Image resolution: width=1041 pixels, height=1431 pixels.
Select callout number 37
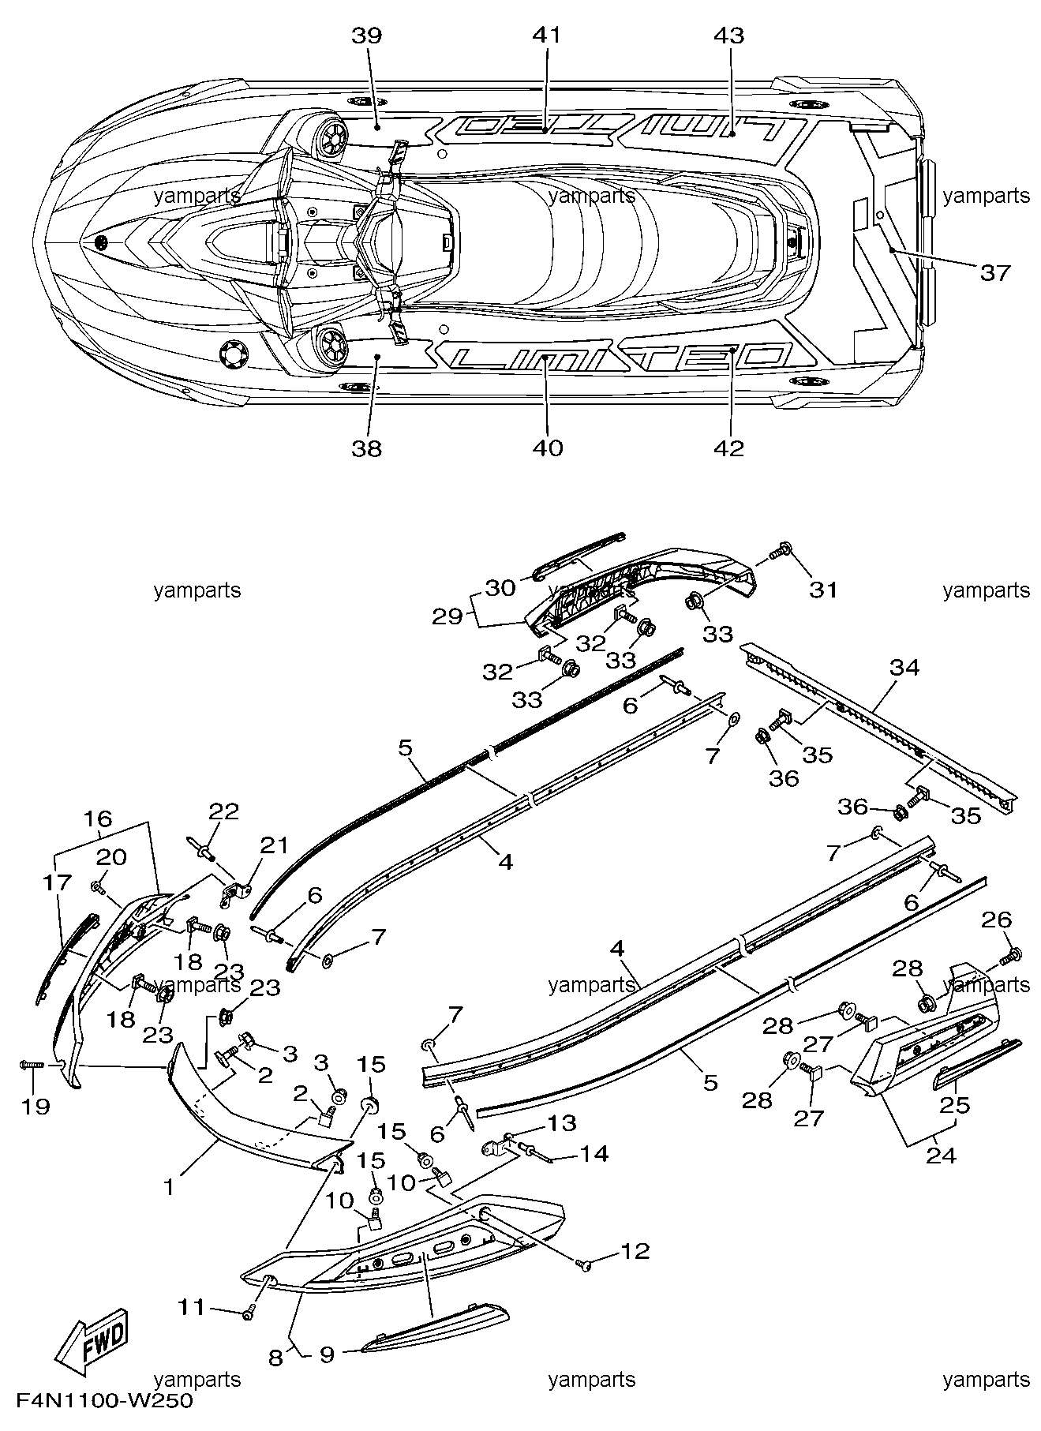(994, 272)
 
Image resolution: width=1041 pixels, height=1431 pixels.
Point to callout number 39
(367, 36)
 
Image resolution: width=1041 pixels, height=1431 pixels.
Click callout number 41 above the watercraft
(547, 36)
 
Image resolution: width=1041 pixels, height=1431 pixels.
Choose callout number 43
(728, 36)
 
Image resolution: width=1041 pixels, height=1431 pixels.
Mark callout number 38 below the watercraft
(367, 448)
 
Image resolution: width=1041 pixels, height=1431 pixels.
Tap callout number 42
(728, 448)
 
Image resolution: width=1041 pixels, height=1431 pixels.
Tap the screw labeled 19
(32, 1066)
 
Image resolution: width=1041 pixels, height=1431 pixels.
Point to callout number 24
(941, 1156)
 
